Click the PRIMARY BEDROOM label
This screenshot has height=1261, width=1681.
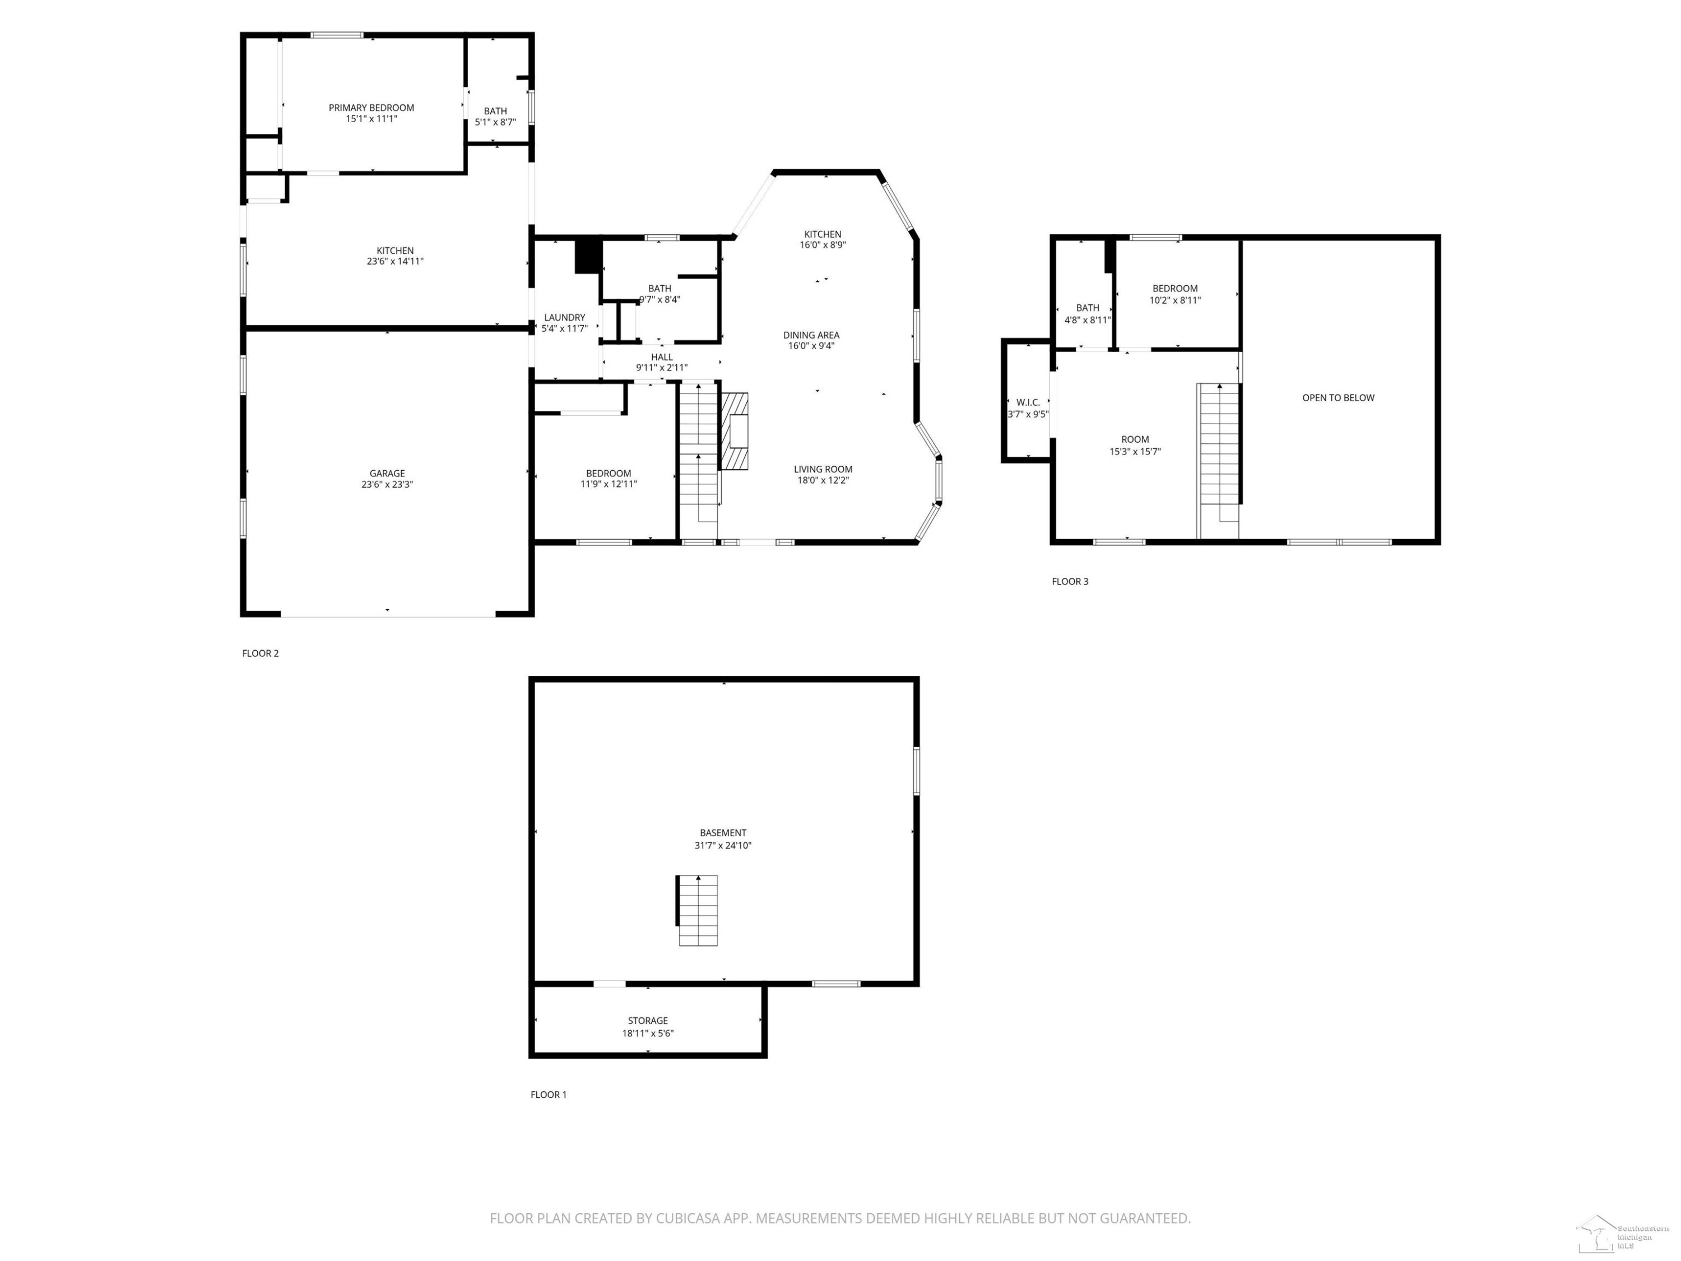(371, 108)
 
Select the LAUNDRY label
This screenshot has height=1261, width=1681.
(565, 318)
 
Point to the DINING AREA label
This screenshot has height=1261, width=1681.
(811, 335)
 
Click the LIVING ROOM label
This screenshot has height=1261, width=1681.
(823, 469)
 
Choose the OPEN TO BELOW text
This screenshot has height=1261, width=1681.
(1338, 397)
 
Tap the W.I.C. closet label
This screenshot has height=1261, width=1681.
(1028, 403)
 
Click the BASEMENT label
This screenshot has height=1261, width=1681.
(723, 832)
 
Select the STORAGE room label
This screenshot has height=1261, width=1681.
(648, 1021)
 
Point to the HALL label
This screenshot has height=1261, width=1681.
(662, 357)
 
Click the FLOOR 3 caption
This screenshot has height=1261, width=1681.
(1070, 582)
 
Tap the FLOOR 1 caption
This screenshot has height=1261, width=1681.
(549, 1095)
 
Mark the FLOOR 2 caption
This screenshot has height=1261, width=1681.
(261, 653)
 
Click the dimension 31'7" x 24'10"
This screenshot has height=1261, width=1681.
(723, 845)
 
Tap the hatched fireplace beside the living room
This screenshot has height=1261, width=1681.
(734, 431)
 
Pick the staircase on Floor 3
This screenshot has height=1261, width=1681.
(1219, 453)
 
